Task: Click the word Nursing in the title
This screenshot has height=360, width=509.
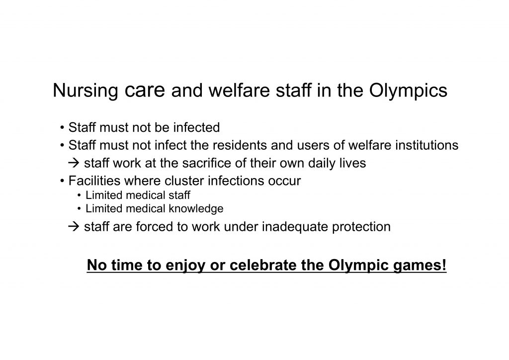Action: click(x=85, y=91)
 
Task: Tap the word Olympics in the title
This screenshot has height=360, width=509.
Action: click(x=408, y=91)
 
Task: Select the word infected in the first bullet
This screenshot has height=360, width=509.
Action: click(x=196, y=127)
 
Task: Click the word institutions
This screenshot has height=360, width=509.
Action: click(x=426, y=145)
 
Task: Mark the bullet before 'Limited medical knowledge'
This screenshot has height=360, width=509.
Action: click(x=79, y=209)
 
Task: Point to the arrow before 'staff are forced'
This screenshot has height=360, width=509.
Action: click(x=74, y=227)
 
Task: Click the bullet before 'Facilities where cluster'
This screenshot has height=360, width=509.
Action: click(x=62, y=181)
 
